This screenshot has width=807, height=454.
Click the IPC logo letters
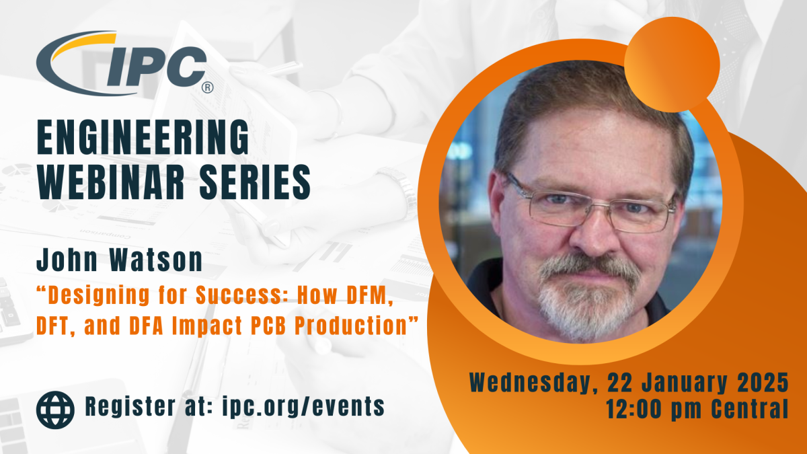click(x=157, y=67)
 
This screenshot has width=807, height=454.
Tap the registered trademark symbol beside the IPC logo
click(x=208, y=87)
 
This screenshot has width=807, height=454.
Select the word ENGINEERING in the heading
click(x=143, y=137)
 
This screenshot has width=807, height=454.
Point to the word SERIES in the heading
click(x=255, y=182)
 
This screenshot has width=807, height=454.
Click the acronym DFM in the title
click(x=369, y=295)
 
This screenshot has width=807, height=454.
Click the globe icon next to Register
click(x=55, y=410)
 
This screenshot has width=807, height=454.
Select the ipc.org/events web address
click(x=303, y=407)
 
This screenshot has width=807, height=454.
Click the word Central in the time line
click(x=750, y=409)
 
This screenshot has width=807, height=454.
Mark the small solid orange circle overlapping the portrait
click(x=672, y=65)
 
